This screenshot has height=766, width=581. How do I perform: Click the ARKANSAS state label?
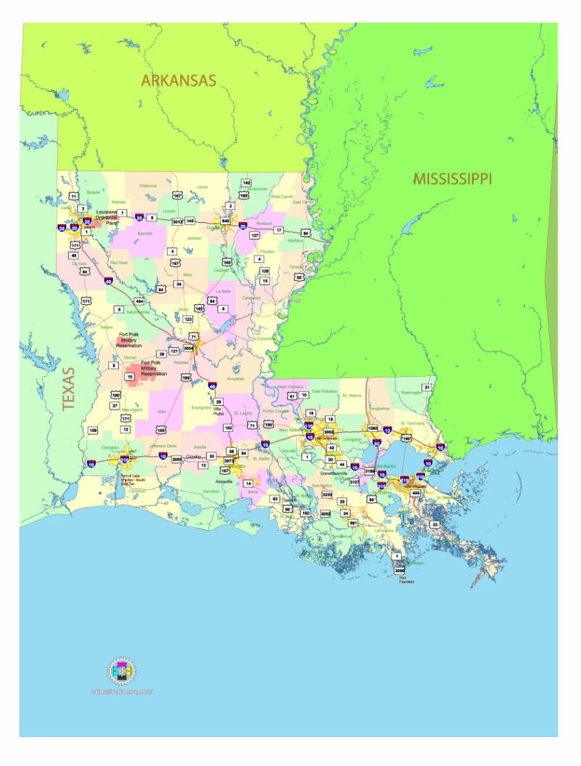[179, 80]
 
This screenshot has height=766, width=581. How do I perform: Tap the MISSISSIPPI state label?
[452, 178]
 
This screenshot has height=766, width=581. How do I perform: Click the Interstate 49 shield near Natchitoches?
[108, 281]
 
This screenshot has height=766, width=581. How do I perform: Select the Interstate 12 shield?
[387, 431]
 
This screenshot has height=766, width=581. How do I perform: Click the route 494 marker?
[139, 300]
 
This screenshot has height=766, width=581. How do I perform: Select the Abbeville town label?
[223, 481]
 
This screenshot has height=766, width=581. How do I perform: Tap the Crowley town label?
[193, 456]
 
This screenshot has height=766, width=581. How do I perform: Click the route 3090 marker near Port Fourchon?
[399, 571]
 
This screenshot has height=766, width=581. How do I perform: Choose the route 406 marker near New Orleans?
[416, 493]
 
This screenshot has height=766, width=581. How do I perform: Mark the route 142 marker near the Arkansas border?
[246, 182]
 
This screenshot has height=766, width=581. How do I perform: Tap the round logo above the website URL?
[122, 671]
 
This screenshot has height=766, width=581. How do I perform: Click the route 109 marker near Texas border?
[93, 431]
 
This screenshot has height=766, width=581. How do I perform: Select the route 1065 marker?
[373, 428]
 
